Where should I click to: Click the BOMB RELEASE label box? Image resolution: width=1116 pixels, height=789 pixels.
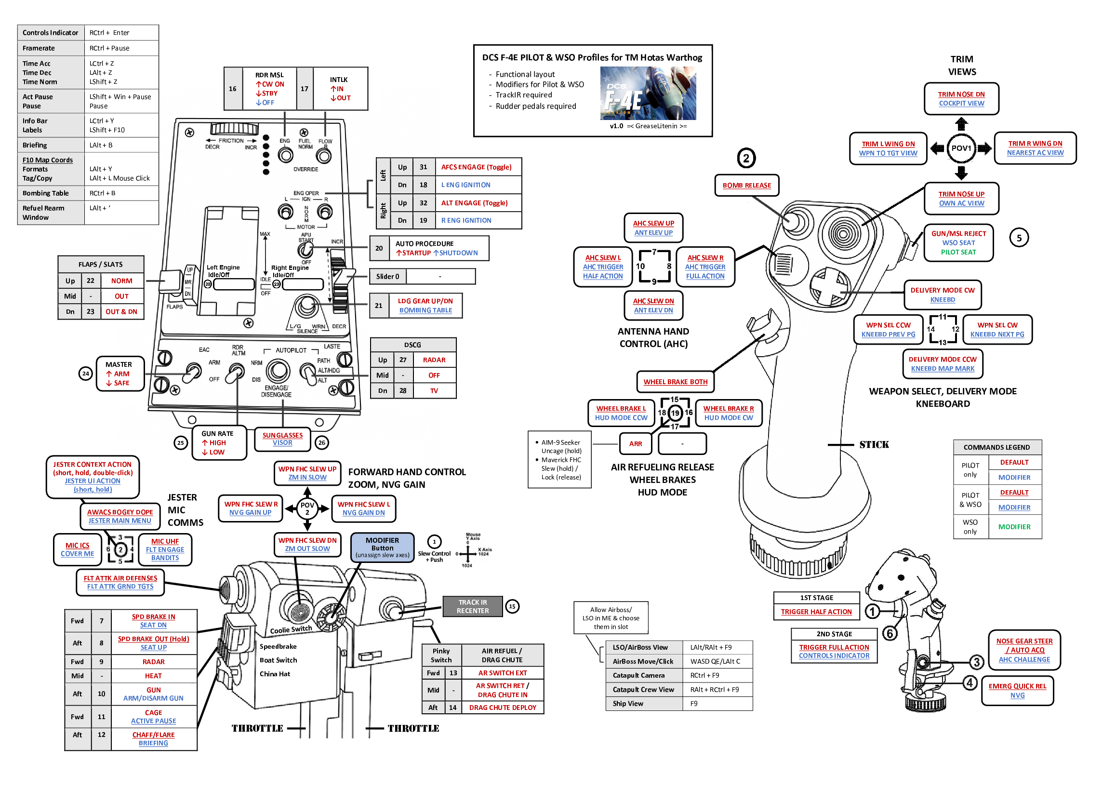(x=746, y=185)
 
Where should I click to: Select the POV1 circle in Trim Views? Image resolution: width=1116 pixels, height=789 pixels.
(x=960, y=148)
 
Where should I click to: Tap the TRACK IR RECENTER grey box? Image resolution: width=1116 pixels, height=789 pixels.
(x=472, y=606)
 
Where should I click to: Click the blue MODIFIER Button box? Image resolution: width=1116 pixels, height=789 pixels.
(x=382, y=547)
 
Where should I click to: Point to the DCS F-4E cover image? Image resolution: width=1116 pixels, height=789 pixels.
(x=648, y=93)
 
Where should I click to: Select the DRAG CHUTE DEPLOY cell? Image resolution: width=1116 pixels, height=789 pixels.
(x=502, y=708)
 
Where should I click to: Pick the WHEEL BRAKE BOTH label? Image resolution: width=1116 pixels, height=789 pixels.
(x=675, y=382)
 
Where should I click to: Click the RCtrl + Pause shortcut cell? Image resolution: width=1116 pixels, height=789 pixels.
(x=121, y=48)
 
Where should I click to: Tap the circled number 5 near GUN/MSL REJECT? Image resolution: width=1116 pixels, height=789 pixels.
(x=1019, y=238)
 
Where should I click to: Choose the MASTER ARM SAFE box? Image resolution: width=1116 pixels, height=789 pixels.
(x=119, y=374)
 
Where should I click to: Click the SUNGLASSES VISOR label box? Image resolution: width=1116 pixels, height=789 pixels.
(x=282, y=439)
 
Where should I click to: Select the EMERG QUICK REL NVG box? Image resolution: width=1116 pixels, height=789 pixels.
(x=1017, y=690)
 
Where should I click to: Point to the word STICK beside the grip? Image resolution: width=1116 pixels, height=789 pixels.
(x=874, y=444)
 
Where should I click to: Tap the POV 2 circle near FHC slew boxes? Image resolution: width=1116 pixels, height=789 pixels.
(x=307, y=508)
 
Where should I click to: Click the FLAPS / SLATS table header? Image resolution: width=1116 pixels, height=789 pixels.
(x=101, y=265)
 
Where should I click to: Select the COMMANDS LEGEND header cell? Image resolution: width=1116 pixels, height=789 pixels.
(x=996, y=447)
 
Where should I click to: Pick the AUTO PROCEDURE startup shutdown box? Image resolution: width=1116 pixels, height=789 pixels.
(x=436, y=248)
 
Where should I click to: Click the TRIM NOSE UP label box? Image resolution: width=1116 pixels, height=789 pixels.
(x=961, y=199)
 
